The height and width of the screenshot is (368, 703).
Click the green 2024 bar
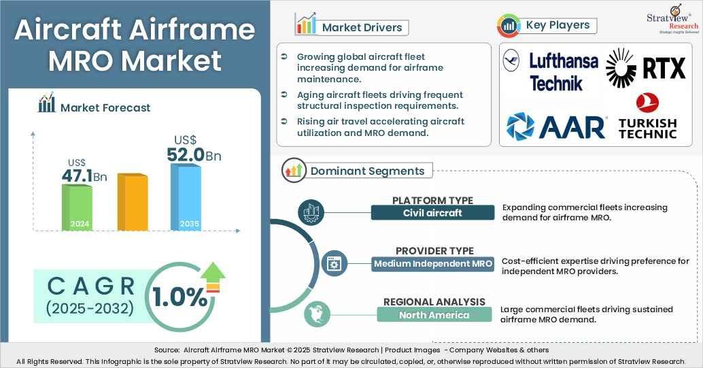pos(77,207)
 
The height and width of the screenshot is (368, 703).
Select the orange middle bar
pos(133,201)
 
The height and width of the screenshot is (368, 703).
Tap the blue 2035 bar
pos(186,197)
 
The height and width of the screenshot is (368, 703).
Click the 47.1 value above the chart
pos(77,176)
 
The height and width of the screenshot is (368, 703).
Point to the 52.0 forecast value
pos(186,155)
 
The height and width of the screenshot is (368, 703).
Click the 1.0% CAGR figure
pos(180,297)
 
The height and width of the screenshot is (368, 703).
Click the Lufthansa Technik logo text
pos(564,72)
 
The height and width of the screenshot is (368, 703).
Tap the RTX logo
pos(646,68)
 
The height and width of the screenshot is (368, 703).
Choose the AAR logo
pos(556,127)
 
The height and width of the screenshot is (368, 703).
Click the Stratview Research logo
pos(672,20)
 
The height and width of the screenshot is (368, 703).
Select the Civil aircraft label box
pos(432,213)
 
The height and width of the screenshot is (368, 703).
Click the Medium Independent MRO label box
pos(433,263)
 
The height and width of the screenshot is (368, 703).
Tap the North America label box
pos(434,315)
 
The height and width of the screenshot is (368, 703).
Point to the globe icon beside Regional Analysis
pos(317,314)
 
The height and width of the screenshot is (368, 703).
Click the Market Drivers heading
pos(362,27)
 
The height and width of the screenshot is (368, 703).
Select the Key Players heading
pos(558,25)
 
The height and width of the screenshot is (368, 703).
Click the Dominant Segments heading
pos(367,171)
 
